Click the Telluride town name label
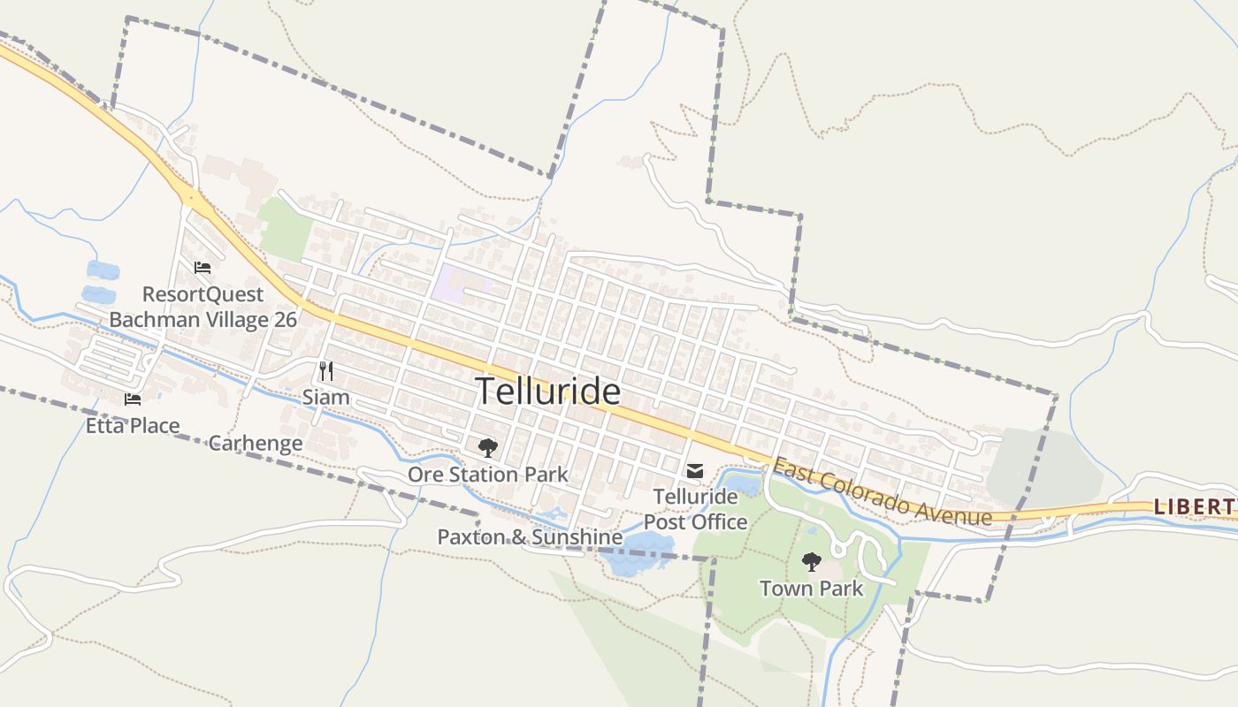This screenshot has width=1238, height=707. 548,392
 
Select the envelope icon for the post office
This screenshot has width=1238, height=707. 695,471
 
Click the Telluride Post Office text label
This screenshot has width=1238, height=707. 695,509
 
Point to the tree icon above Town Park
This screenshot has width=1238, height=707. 811,561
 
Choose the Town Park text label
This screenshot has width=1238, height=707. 811,588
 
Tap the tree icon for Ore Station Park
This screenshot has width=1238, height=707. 487,448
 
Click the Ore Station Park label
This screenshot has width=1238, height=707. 487,475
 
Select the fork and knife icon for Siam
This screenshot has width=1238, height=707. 326,371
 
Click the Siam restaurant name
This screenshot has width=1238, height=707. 326,398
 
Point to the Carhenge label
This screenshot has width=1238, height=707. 256,443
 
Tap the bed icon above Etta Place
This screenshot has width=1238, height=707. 133,399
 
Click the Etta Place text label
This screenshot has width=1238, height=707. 133,426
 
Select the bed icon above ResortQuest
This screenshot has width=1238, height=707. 203,268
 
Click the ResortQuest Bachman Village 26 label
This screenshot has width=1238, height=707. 203,307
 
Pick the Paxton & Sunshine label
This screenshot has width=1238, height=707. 530,536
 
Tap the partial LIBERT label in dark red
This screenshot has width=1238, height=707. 1194,506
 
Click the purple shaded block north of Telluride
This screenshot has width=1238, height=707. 460,283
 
